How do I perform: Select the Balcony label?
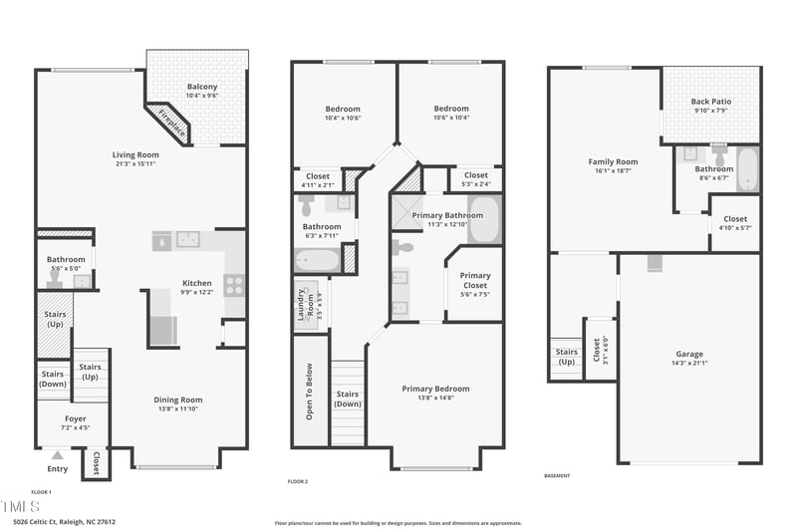(202, 87)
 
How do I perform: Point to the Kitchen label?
(196, 283)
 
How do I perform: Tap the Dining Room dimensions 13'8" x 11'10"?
(177, 408)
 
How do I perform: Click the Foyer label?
(76, 418)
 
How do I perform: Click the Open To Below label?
(310, 391)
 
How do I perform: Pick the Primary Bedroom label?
(435, 389)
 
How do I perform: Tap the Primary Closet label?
(475, 280)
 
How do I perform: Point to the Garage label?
(689, 354)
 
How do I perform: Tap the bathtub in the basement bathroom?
(747, 168)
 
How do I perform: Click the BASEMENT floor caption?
(557, 476)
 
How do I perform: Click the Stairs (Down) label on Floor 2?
(348, 399)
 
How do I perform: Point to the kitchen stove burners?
(233, 284)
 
